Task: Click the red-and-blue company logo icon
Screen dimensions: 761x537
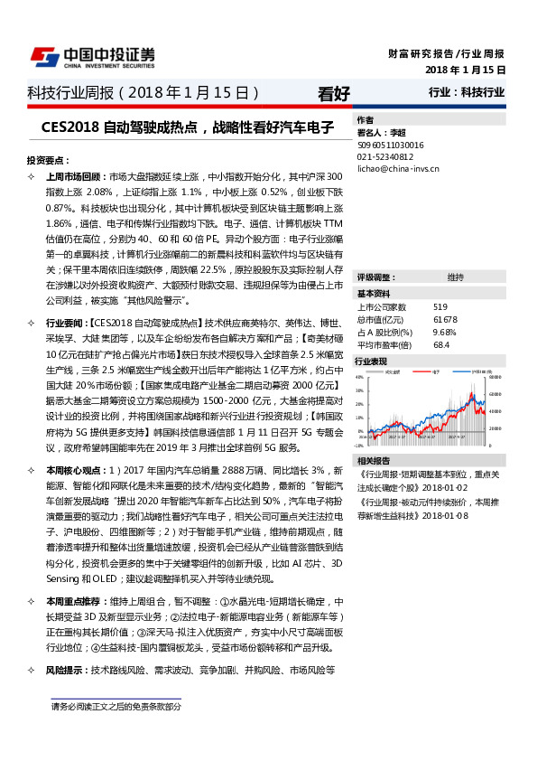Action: [x=42, y=56]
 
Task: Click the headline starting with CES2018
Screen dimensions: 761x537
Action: [x=188, y=127]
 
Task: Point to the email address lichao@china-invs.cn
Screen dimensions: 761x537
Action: [x=398, y=167]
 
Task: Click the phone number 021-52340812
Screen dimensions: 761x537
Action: [x=385, y=155]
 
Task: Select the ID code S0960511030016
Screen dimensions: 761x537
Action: [x=391, y=144]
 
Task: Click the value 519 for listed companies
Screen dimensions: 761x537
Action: [x=440, y=306]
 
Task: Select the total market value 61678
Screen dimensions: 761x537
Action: [x=445, y=319]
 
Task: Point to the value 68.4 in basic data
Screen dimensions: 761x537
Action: [x=441, y=344]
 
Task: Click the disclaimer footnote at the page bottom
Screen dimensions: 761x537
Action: [x=116, y=707]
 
